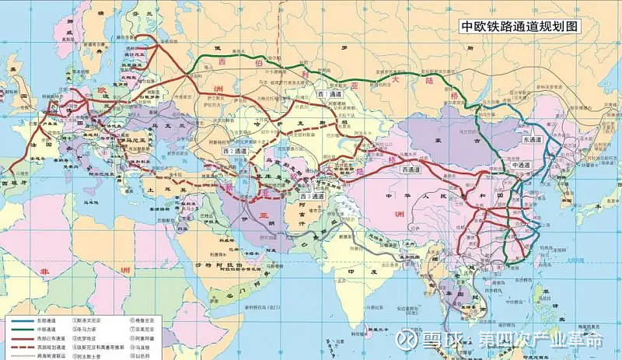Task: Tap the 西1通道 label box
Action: click(330, 94)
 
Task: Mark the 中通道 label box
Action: click(522, 166)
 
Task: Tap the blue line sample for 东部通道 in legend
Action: click(21, 320)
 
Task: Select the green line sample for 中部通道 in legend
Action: click(21, 328)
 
